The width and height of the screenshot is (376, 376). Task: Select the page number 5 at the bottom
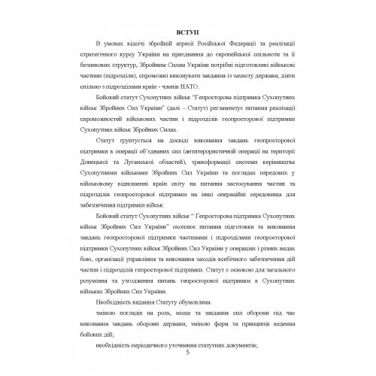click(188, 353)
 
